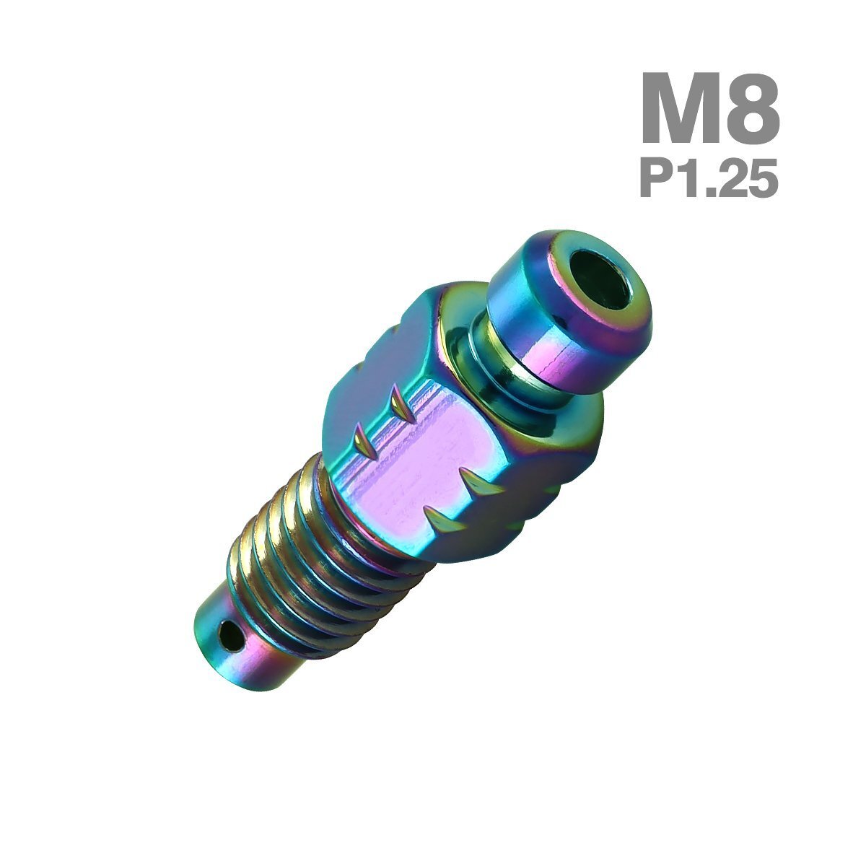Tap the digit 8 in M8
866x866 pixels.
[x=751, y=110]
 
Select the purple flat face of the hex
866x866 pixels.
[x=419, y=476]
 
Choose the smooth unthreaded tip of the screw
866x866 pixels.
[x=245, y=642]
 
